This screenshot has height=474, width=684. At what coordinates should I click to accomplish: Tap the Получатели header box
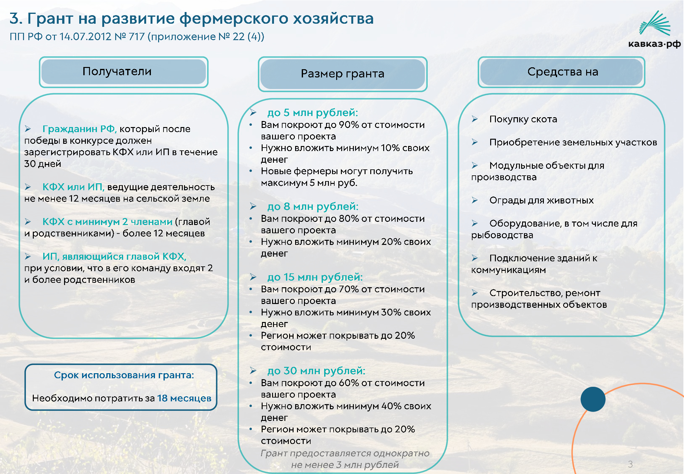124,72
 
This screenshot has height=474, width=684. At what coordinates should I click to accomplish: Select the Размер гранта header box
342,74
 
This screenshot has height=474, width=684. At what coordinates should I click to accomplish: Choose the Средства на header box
561,72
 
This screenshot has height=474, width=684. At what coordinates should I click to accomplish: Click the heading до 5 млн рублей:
312,112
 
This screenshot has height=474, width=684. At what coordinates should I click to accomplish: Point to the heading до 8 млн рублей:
313,206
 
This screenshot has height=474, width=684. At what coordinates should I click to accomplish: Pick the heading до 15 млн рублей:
315,277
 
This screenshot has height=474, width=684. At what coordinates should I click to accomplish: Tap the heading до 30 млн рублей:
316,371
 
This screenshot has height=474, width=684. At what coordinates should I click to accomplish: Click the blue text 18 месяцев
184,398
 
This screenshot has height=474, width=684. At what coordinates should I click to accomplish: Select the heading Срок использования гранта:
124,375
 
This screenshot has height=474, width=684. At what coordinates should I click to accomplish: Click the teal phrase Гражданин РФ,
80,129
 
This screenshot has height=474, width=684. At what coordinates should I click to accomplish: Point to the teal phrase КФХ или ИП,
73,187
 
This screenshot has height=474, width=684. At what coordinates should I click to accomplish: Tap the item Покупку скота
523,119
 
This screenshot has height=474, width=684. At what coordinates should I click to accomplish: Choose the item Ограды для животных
541,200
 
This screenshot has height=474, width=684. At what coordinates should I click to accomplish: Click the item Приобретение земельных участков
573,143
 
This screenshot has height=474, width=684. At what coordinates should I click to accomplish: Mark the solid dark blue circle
593,399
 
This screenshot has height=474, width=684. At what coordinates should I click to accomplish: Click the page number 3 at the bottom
630,464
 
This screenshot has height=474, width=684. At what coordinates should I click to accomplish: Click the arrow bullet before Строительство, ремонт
475,293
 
